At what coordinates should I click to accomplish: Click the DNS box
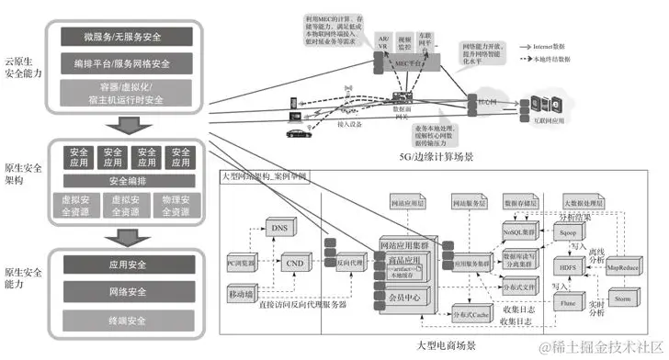click(278, 226)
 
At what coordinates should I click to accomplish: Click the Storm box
click(621, 298)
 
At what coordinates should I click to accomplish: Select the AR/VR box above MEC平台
click(382, 43)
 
